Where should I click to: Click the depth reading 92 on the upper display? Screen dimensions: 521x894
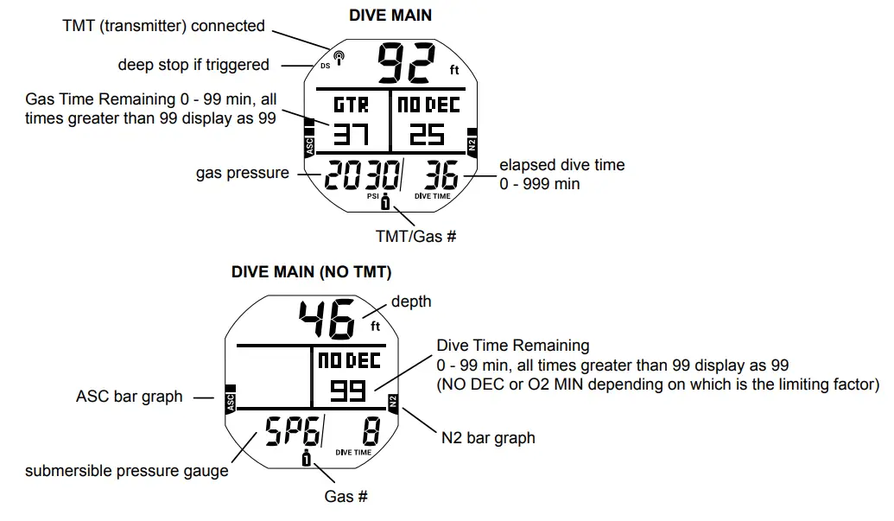pyautogui.click(x=409, y=61)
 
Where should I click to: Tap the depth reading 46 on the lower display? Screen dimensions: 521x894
pyautogui.click(x=327, y=321)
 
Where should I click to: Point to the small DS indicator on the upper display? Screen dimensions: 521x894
pyautogui.click(x=325, y=67)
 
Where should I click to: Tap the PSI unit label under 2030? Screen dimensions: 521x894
pyautogui.click(x=373, y=196)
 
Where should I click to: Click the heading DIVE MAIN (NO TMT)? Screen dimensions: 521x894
pyautogui.click(x=311, y=271)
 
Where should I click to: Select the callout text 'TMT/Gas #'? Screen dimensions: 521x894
pyautogui.click(x=415, y=235)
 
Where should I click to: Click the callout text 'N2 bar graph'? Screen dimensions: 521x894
pyautogui.click(x=488, y=438)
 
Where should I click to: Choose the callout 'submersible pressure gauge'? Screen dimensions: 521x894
pyautogui.click(x=126, y=471)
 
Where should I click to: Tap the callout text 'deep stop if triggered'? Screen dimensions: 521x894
pyautogui.click(x=193, y=65)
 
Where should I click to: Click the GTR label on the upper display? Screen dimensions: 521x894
pyautogui.click(x=352, y=105)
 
